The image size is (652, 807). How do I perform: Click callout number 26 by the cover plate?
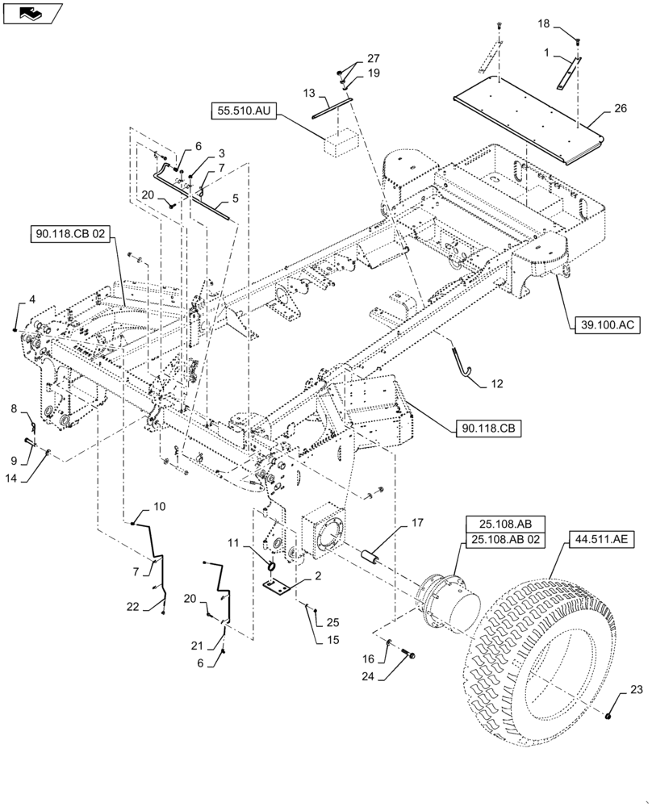point(620,109)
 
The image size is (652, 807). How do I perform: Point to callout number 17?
point(416,523)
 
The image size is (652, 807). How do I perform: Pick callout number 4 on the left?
point(31,299)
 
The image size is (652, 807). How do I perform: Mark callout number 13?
point(309,94)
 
